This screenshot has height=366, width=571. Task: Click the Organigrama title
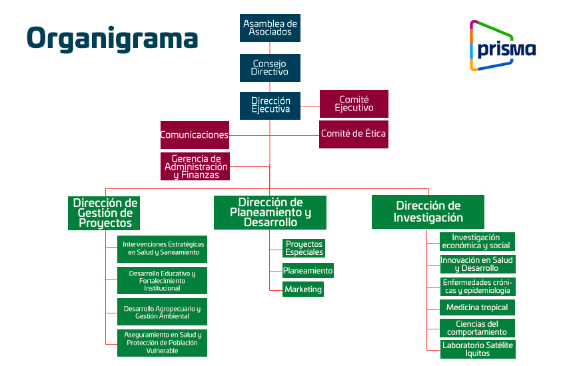point(112,38)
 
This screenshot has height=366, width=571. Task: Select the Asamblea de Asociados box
point(270,28)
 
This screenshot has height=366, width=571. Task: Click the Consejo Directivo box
point(270,68)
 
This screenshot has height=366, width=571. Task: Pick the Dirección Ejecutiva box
point(270,105)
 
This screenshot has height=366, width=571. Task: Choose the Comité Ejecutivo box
point(354,104)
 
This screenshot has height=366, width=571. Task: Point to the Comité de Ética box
point(353,134)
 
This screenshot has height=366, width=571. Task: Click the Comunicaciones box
point(195,135)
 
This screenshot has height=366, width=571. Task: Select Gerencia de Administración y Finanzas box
point(195,167)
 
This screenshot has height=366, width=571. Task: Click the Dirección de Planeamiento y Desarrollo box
point(270,212)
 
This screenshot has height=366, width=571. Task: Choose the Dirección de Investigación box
point(428,212)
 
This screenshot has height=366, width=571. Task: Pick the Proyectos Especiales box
point(304,248)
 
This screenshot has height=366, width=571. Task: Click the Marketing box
point(303,289)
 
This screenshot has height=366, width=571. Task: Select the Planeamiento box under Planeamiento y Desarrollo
point(308,271)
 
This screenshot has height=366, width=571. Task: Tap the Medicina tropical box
point(477,307)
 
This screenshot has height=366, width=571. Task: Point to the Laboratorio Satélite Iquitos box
point(477,349)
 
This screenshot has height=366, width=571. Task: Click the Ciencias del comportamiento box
point(477,328)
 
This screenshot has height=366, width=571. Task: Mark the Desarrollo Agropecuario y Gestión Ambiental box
point(162,312)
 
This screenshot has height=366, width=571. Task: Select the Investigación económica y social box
point(477,242)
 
